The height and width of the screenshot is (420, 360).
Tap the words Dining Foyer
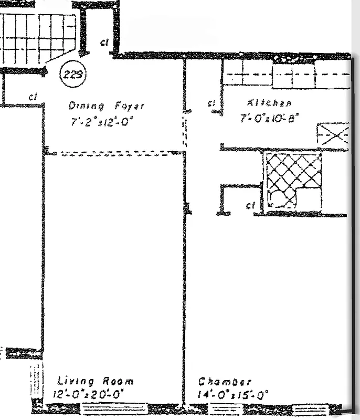point(105,106)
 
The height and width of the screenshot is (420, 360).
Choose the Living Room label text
point(95,381)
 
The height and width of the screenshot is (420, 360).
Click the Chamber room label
point(225,382)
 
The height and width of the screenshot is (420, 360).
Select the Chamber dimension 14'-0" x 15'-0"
point(233,394)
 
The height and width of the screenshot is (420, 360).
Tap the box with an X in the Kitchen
point(333,133)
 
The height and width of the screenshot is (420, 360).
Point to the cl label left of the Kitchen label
point(212,103)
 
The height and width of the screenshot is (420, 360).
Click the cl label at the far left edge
point(33,97)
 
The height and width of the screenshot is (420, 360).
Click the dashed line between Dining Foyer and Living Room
point(115,153)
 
